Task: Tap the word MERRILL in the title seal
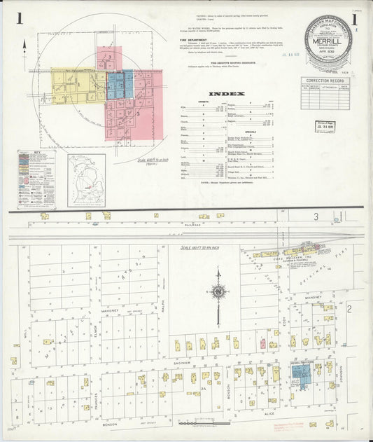(x=328, y=41)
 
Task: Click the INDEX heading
(x=227, y=93)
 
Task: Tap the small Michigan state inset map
(x=86, y=181)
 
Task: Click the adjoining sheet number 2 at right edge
(x=348, y=308)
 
